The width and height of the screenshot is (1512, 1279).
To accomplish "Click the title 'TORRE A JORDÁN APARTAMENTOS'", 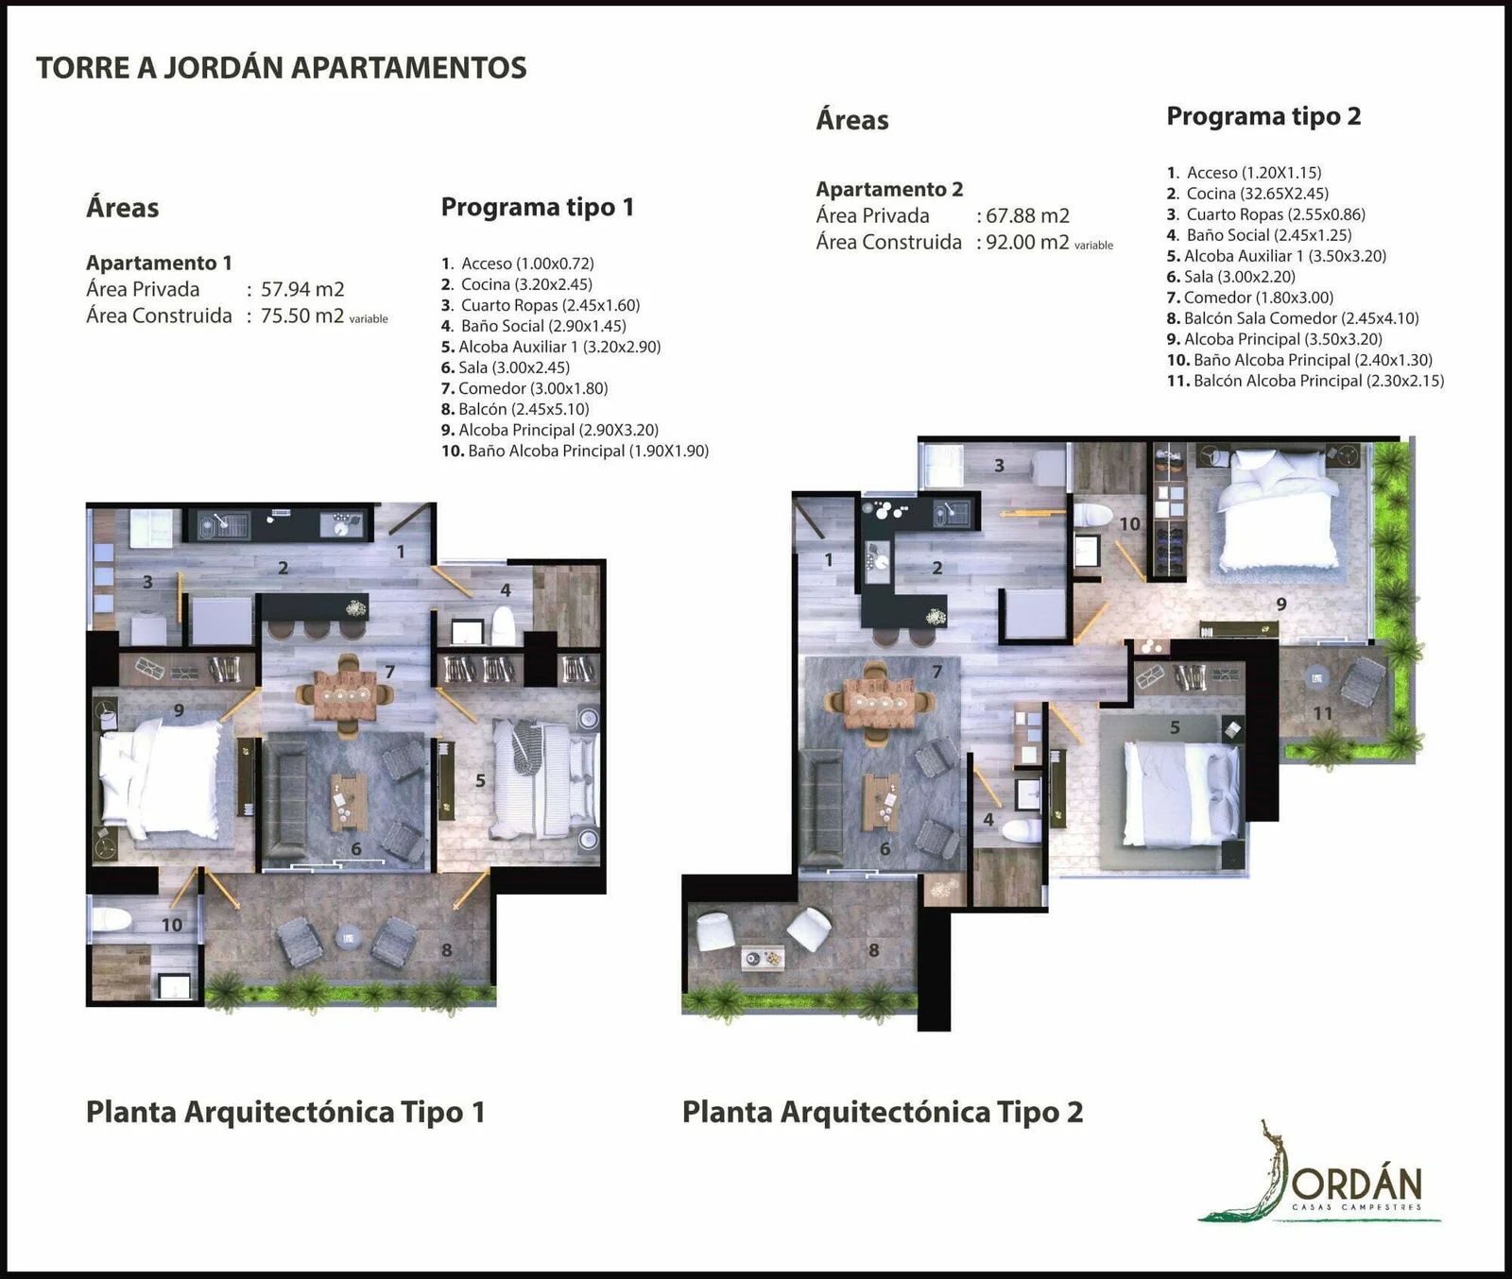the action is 281,68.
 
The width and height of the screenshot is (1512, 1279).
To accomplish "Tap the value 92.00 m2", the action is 1027,242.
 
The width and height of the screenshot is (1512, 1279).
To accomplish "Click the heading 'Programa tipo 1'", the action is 537,207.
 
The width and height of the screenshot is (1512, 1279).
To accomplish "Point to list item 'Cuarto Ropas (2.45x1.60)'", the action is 550,305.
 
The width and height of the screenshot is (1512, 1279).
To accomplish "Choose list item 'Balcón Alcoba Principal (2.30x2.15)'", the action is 1318,381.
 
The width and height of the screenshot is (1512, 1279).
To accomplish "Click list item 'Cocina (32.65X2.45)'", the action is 1258,194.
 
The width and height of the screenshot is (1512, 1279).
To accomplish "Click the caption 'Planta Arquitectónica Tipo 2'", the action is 883,1112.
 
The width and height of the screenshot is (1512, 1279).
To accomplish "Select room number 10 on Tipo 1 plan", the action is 171,925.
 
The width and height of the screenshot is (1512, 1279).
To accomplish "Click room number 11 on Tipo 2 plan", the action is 1323,713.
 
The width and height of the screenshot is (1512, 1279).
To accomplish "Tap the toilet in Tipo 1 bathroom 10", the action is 112,919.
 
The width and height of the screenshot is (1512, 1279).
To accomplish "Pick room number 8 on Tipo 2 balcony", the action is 874,950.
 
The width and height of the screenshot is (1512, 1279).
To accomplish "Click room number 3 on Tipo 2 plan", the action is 999,465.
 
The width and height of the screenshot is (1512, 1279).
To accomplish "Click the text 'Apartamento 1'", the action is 159,263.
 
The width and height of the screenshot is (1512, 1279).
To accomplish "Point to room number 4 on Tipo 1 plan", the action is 506,590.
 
